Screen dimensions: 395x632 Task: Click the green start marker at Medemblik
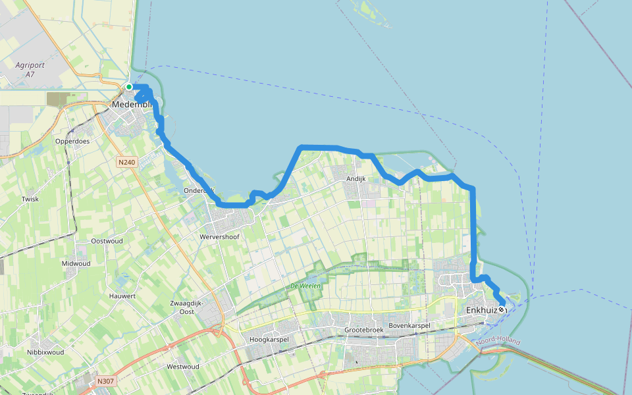click(x=130, y=87)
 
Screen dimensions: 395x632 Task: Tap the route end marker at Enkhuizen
click(x=502, y=309)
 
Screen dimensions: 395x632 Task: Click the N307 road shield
click(x=105, y=381)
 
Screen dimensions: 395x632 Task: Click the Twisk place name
click(x=30, y=199)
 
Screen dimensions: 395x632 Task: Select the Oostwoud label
click(x=107, y=241)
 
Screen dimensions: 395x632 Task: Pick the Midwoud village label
click(x=76, y=263)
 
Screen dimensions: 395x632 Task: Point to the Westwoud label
click(x=183, y=366)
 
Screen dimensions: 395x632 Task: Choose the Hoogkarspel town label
click(x=270, y=340)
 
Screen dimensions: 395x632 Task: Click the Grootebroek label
click(x=363, y=330)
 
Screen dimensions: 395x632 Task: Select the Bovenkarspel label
click(x=409, y=326)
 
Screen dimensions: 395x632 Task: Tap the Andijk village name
click(x=356, y=178)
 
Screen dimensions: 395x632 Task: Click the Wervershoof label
click(x=219, y=236)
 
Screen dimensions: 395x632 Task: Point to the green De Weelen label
click(x=303, y=286)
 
